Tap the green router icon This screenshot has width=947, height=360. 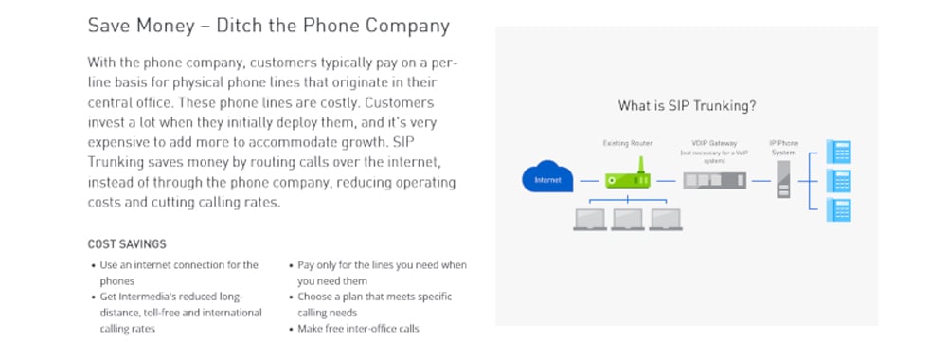click(628, 179)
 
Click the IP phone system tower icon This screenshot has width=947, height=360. click(783, 179)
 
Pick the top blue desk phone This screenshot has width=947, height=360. click(839, 151)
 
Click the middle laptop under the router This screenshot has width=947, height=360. click(627, 220)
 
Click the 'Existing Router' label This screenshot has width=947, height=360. click(628, 143)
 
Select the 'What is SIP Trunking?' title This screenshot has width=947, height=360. click(687, 106)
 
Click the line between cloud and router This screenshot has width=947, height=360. click(590, 179)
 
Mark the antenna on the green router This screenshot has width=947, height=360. click(638, 165)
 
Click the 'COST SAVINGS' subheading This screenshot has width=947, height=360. click(127, 243)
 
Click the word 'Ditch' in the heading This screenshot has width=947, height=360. click(239, 25)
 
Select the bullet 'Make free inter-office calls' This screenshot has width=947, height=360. click(358, 329)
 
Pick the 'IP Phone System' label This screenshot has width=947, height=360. click(783, 148)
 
